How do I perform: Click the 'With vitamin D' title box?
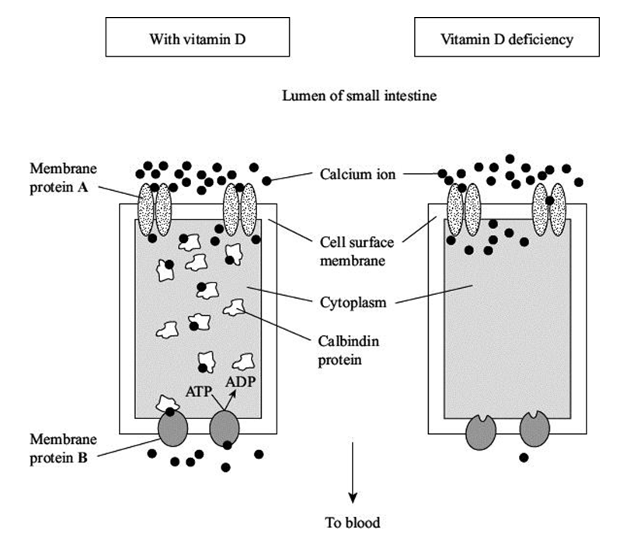[197, 38]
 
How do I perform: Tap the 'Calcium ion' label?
[357, 175]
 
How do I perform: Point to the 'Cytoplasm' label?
[351, 302]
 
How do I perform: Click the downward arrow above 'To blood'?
[353, 473]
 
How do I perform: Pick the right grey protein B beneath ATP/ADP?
[225, 429]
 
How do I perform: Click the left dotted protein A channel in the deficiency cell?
[464, 210]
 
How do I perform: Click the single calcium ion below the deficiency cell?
[524, 457]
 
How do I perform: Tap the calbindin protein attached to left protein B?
[168, 404]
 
